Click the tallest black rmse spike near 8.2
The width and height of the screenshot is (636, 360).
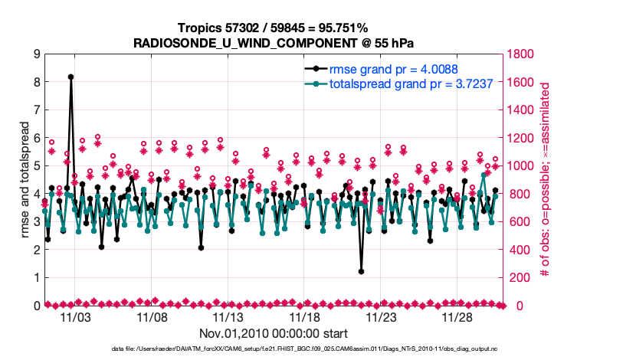[70, 77]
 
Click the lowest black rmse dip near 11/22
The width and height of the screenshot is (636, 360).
[361, 271]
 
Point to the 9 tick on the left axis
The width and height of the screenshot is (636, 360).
[36, 54]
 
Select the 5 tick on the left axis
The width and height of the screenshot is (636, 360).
[36, 165]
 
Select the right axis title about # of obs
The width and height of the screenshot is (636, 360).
[545, 180]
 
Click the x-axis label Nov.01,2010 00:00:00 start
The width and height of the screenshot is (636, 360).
[274, 334]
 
